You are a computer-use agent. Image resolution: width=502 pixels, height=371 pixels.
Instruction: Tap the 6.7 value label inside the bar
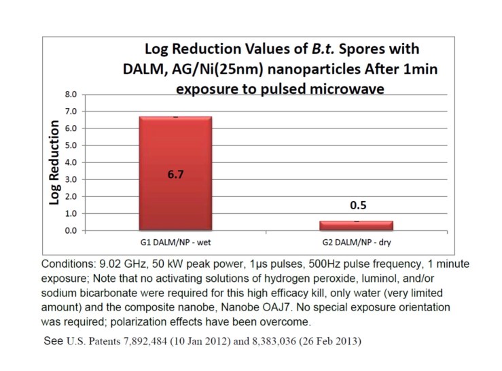click(175, 175)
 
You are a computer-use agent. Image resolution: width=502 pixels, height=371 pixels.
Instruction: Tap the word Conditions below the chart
click(64, 262)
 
